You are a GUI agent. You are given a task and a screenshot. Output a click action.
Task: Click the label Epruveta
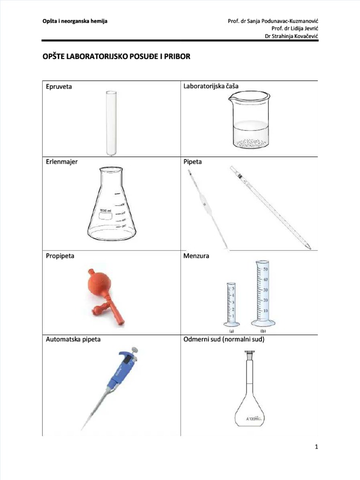click(x=59, y=87)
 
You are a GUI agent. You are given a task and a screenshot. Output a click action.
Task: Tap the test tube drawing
click(x=111, y=123)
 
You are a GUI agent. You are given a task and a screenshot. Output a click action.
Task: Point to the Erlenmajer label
click(x=61, y=162)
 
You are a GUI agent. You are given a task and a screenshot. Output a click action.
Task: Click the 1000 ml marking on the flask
click(x=105, y=211)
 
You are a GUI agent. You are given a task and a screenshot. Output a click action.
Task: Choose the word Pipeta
click(x=193, y=162)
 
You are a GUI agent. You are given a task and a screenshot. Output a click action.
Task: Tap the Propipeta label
click(x=60, y=256)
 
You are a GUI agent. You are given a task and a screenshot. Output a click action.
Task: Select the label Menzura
click(x=196, y=256)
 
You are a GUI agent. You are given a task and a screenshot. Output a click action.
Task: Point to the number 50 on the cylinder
click(x=265, y=269)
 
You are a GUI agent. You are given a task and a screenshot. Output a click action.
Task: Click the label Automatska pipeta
click(x=73, y=339)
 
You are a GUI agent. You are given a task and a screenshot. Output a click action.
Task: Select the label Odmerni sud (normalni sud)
click(x=224, y=339)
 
